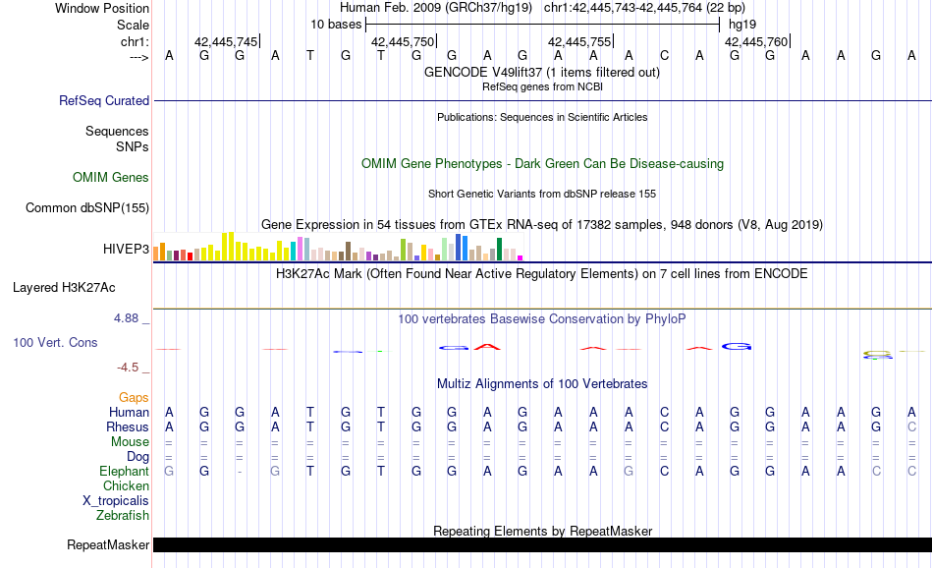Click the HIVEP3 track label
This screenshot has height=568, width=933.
126,250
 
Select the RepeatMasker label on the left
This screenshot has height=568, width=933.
108,544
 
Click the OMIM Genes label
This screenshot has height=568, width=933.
111,178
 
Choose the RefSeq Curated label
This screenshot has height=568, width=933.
104,100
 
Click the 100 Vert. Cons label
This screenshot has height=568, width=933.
56,343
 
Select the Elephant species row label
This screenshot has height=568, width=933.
124,472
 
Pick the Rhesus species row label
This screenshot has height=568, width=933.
128,427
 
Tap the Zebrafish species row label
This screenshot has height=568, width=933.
123,515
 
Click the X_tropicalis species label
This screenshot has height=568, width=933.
116,500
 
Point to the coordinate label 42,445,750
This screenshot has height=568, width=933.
402,41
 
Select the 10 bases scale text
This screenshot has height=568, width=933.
336,24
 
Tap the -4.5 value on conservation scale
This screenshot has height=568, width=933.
128,368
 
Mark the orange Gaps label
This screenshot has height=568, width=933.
134,397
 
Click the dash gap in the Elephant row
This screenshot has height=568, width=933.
240,472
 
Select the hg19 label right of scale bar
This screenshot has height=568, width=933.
741,24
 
